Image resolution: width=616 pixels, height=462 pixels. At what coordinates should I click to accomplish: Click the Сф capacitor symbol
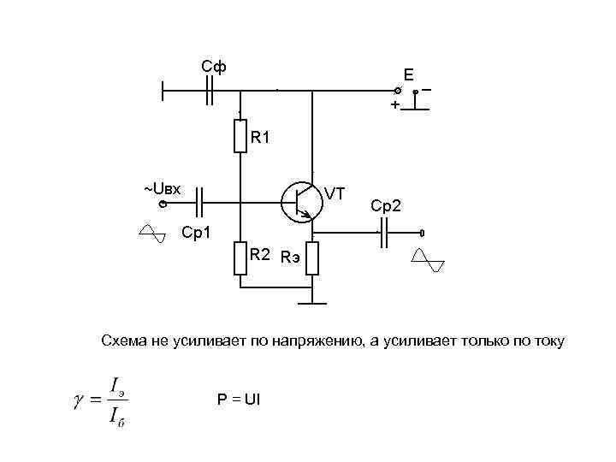pyautogui.click(x=210, y=89)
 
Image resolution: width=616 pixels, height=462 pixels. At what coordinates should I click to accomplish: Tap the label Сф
pyautogui.click(x=213, y=67)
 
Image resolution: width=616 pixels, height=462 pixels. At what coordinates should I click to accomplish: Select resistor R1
pyautogui.click(x=241, y=136)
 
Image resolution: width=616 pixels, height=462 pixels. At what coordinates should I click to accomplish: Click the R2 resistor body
pyautogui.click(x=241, y=258)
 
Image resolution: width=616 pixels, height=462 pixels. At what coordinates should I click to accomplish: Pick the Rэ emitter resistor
pyautogui.click(x=312, y=258)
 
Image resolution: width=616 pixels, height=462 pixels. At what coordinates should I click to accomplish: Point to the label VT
pyautogui.click(x=335, y=194)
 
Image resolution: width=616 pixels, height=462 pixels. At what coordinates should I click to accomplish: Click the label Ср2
pyautogui.click(x=391, y=206)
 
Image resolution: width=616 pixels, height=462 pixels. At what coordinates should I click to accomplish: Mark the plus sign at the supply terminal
pyautogui.click(x=394, y=104)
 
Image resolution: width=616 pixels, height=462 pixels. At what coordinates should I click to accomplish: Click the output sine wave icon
pyautogui.click(x=427, y=259)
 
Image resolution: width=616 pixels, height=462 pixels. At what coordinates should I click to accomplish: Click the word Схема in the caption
pyautogui.click(x=124, y=342)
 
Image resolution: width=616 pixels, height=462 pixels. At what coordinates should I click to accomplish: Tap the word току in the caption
pyautogui.click(x=546, y=342)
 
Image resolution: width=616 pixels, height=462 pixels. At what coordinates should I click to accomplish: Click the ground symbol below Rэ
pyautogui.click(x=312, y=301)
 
